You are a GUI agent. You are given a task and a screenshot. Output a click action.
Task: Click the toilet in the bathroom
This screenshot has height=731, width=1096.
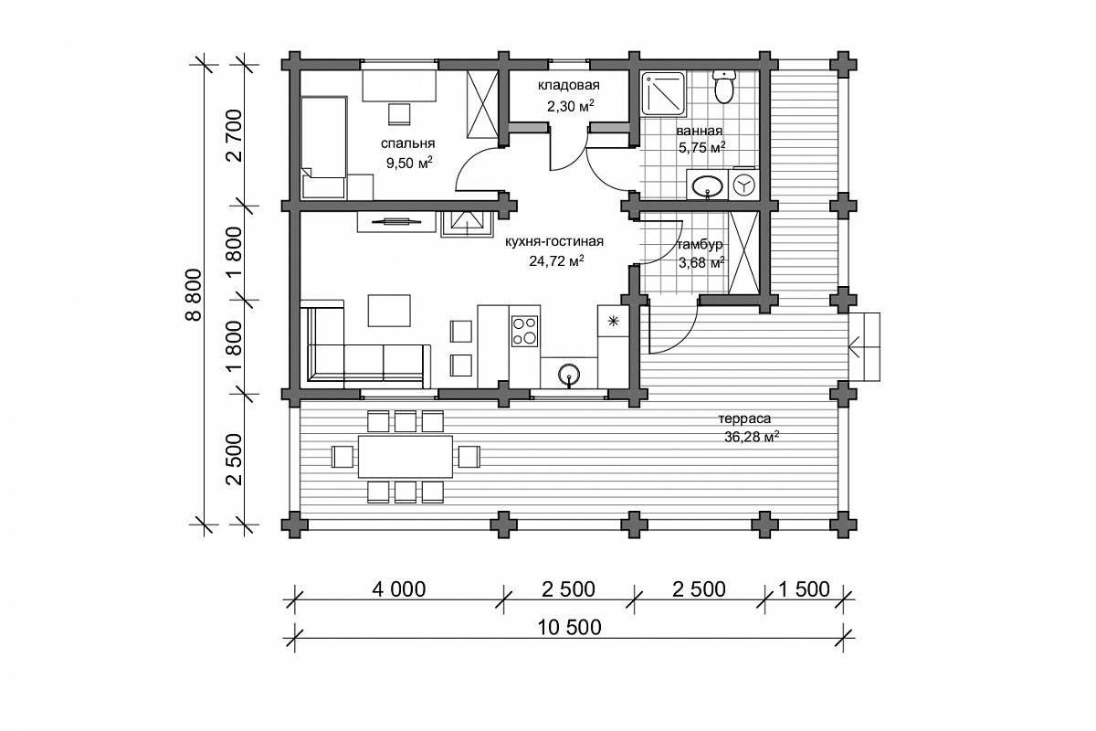coord(724,86)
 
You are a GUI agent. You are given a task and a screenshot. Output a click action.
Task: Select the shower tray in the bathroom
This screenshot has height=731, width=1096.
coord(663,94)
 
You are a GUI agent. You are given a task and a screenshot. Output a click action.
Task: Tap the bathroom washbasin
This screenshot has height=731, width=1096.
coord(707,185)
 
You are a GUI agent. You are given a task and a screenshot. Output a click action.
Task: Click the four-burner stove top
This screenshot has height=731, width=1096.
coord(524,331)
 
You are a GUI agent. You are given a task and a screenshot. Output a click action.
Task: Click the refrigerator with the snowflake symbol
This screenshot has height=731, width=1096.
coord(613,321)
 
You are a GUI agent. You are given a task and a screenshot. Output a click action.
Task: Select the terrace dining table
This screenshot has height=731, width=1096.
coord(406,457)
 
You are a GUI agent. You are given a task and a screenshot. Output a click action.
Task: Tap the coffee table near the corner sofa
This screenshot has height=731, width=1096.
coord(389,311)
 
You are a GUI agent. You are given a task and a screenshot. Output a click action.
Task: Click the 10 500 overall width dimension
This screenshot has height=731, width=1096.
coord(569,628)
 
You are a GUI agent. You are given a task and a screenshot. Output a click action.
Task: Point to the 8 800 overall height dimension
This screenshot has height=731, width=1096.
coord(194,294)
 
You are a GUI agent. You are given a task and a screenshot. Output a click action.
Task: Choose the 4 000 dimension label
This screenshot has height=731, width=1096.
coord(399,589)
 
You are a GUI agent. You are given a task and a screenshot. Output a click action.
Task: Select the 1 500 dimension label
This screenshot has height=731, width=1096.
coord(804,589)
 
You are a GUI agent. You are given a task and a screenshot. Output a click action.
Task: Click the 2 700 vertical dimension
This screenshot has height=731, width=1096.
coord(235,135)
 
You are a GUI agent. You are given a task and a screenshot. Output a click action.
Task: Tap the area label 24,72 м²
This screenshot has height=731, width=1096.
coord(556,260)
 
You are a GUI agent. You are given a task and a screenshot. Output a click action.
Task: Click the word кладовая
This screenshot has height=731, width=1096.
coord(568,85)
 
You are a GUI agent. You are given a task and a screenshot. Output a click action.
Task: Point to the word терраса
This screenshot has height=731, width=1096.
coord(744,418)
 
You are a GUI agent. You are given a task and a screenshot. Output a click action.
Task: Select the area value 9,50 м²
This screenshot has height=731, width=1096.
coord(409,163)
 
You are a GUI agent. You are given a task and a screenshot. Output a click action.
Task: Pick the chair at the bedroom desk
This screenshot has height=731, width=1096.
coord(399,114)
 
